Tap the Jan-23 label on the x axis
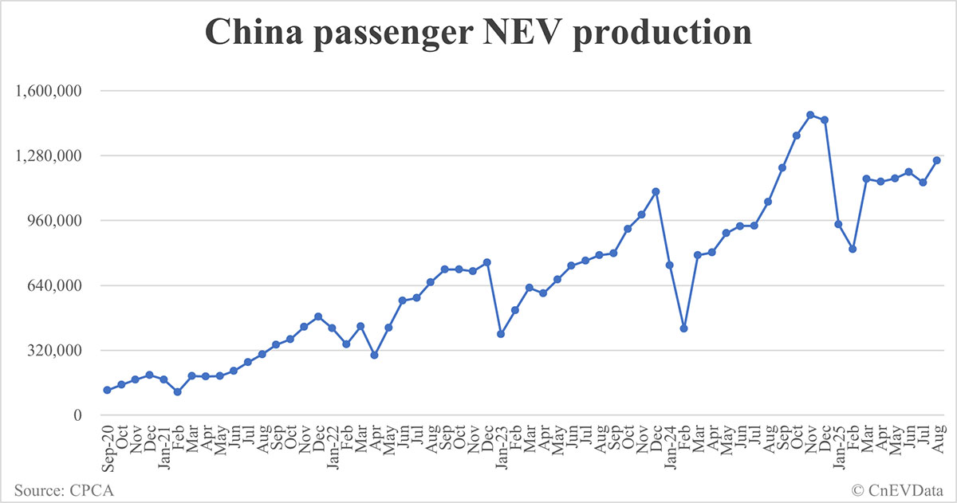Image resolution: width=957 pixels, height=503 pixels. [x=500, y=447]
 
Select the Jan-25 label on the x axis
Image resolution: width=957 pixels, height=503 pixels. [x=838, y=447]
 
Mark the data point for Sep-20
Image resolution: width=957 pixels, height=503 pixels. [x=107, y=390]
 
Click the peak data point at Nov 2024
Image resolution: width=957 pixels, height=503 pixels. [x=810, y=115]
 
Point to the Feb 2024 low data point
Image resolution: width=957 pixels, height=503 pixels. [x=683, y=328]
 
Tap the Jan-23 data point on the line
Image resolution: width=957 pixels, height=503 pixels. [x=501, y=334]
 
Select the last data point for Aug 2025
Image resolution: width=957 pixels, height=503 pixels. [x=937, y=160]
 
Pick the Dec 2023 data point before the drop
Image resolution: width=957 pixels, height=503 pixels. [x=656, y=191]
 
